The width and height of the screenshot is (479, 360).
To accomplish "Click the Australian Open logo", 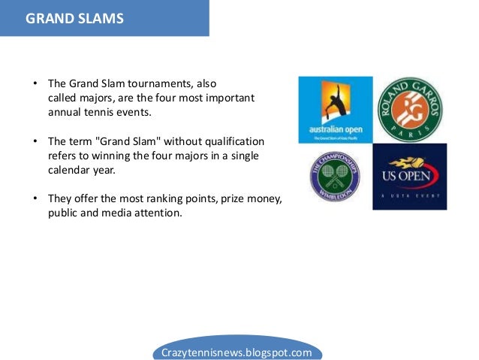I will [x=335, y=109].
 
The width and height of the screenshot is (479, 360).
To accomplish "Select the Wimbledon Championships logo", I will [x=335, y=176].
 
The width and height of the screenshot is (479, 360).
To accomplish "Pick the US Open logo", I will [x=409, y=177].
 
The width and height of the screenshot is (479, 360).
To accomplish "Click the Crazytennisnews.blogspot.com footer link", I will [x=236, y=351].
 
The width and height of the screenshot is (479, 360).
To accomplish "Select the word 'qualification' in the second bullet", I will [x=234, y=141].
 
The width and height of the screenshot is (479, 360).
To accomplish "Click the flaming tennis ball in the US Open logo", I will [x=409, y=162].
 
